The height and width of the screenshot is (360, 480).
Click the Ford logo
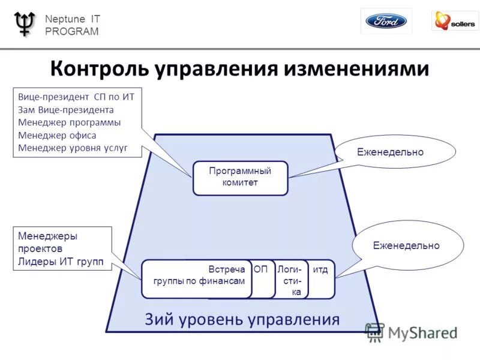click(x=386, y=22)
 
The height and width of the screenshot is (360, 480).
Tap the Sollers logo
click(x=455, y=22)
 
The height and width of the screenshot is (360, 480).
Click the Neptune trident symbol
click(x=24, y=23)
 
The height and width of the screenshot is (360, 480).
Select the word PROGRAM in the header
click(x=72, y=32)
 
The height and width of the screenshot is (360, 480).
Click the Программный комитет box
click(x=240, y=177)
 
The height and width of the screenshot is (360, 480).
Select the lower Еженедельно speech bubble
click(x=406, y=245)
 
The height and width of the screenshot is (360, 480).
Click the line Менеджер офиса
click(x=57, y=135)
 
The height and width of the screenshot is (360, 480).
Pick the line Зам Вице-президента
click(x=66, y=110)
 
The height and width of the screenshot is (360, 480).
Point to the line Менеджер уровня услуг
click(x=73, y=148)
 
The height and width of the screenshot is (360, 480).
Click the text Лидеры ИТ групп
click(x=61, y=262)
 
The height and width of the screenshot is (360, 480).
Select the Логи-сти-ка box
click(x=290, y=280)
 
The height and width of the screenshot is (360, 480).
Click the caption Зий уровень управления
click(x=242, y=319)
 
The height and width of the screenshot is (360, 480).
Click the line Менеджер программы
click(x=70, y=122)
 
